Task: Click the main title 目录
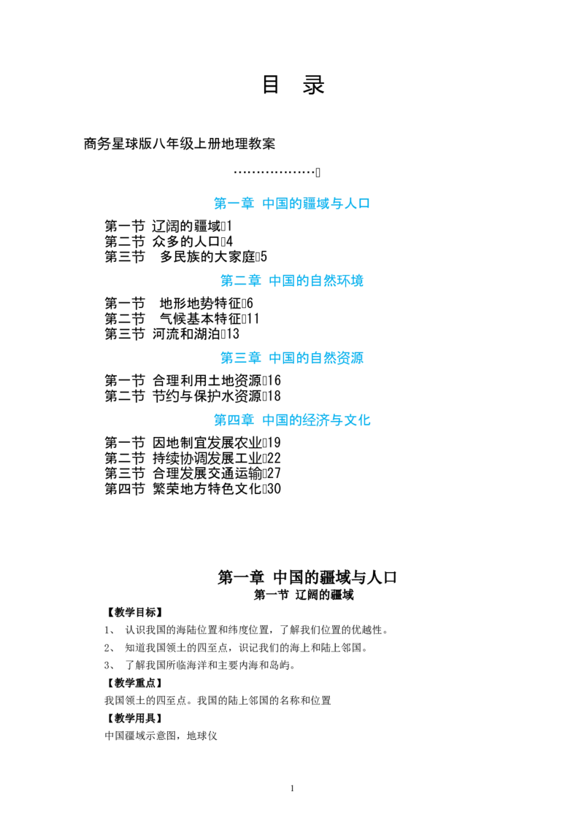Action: tap(293, 85)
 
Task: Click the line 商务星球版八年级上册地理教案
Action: tap(179, 144)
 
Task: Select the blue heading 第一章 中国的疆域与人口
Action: tap(292, 204)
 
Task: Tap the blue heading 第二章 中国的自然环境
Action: tap(292, 281)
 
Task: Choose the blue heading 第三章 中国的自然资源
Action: tap(292, 358)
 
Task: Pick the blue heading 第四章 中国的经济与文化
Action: tap(292, 420)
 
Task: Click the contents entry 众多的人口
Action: tap(186, 242)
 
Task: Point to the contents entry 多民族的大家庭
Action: tap(207, 257)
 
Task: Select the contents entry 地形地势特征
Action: tap(200, 304)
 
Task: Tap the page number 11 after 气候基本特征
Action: tap(253, 319)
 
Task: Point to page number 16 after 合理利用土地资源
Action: tap(274, 380)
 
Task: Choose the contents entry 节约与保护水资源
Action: tap(207, 396)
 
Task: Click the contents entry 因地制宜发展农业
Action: tap(207, 442)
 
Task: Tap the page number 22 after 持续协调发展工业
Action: tap(274, 458)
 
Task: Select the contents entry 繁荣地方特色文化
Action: tap(207, 489)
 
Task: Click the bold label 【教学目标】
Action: tap(135, 612)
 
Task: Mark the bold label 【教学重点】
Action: tap(135, 683)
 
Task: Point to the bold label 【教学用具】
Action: tap(135, 718)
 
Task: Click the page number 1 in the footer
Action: tap(292, 789)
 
